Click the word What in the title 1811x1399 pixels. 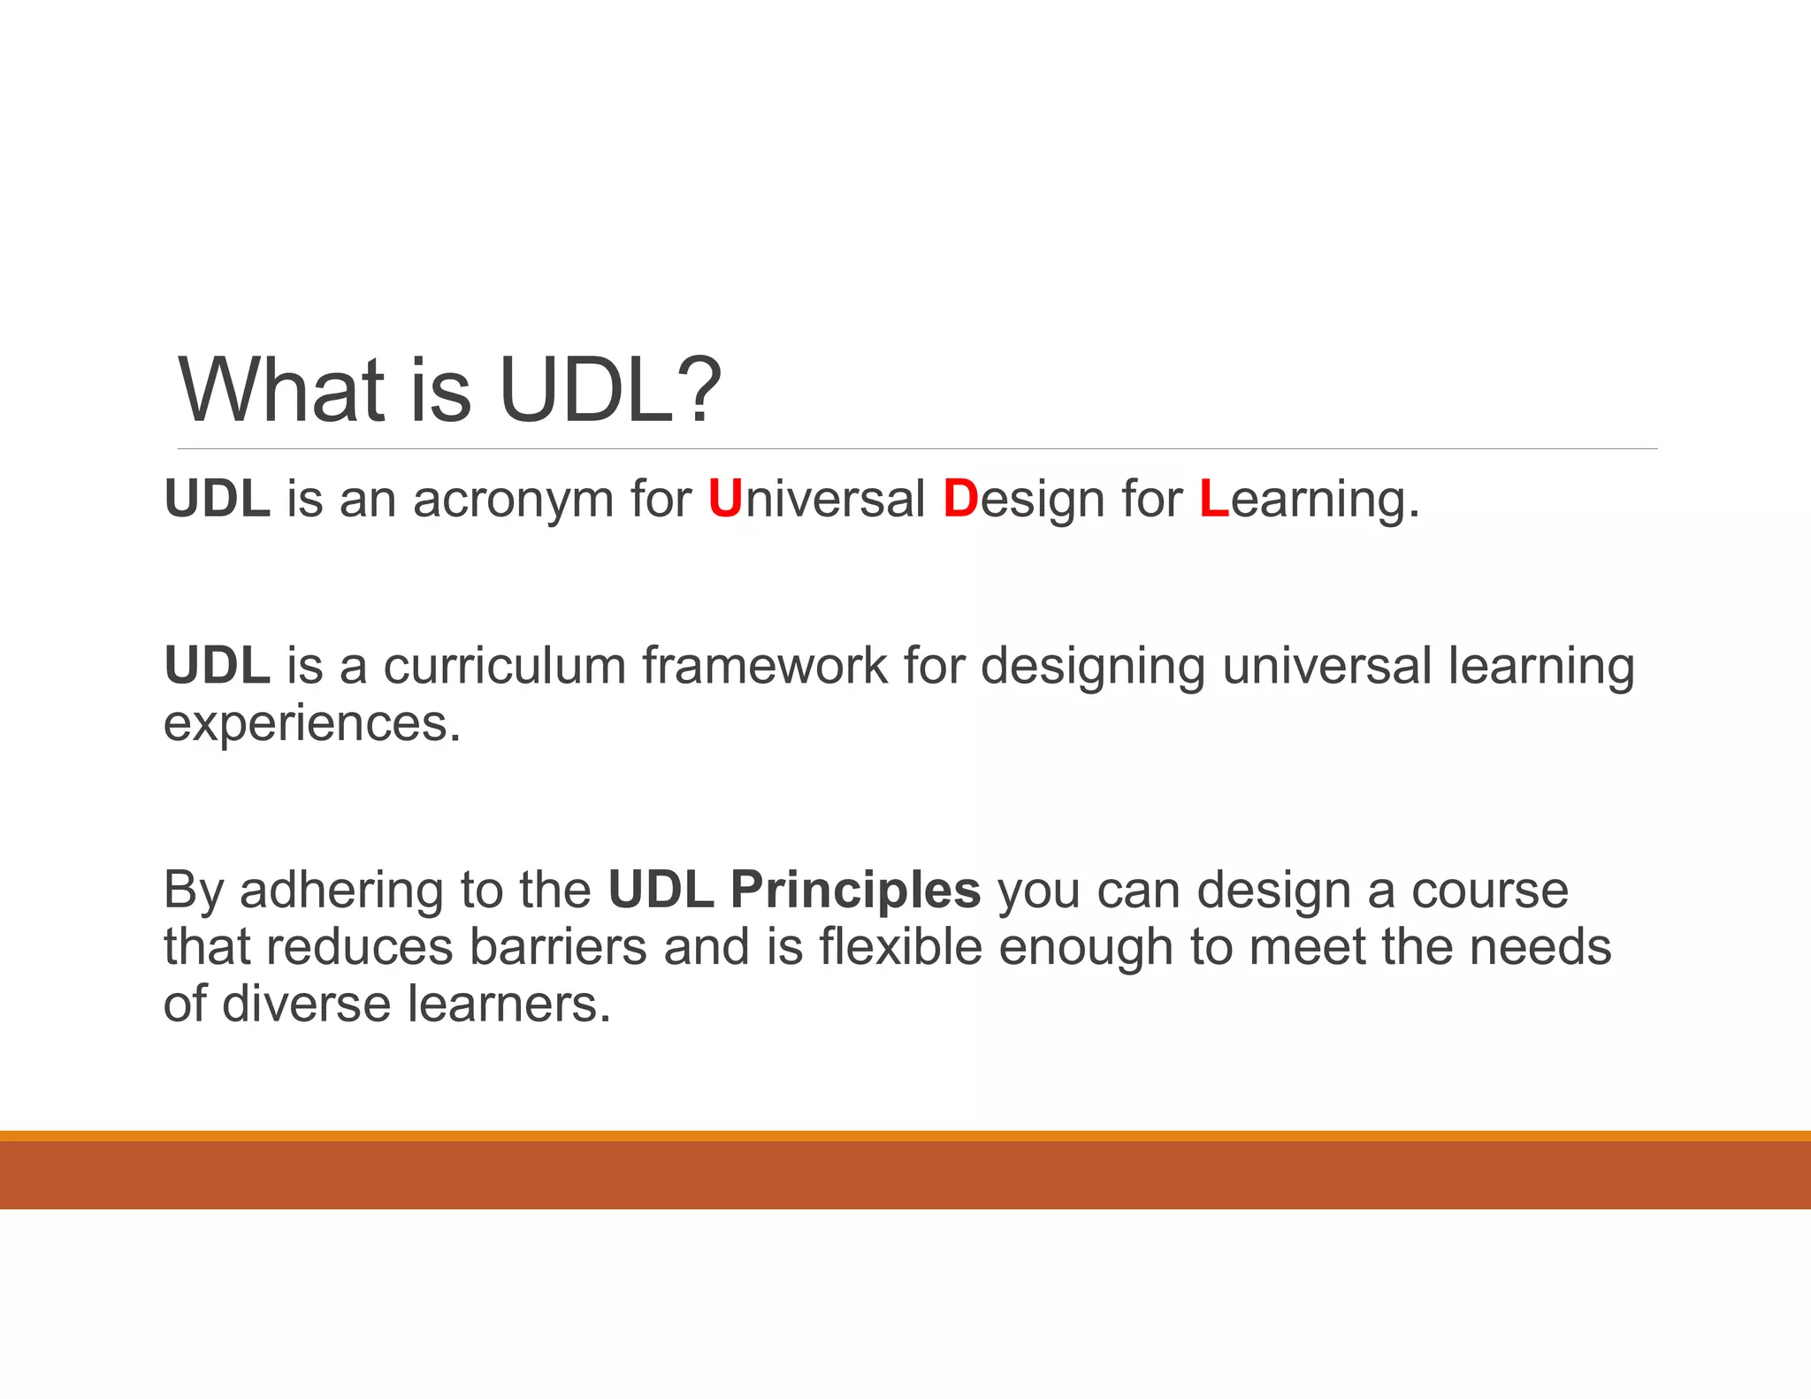[282, 390]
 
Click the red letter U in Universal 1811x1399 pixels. [725, 499]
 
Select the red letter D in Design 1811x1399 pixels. [960, 499]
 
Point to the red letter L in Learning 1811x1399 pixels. [1214, 499]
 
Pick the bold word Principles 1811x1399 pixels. [855, 891]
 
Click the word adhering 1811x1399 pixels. [341, 891]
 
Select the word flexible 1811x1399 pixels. [900, 947]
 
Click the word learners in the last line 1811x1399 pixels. [508, 1005]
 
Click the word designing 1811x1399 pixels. [1093, 667]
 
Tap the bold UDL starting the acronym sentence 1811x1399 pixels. [217, 499]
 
